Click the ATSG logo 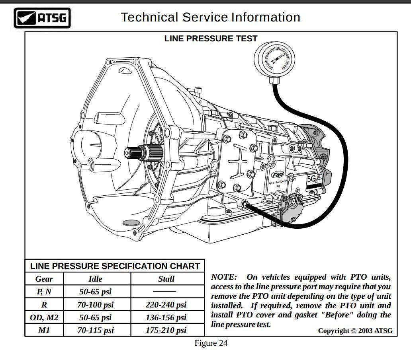42,18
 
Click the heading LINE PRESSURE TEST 211,39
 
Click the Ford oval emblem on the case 278,175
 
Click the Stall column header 166,279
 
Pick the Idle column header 95,279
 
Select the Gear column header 44,279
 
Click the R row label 44,305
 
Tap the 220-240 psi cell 166,305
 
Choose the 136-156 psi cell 166,317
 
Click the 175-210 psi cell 166,330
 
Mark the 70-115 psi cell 95,330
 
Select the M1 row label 44,330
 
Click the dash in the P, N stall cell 164,292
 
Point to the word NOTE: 223,277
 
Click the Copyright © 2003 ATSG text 355,331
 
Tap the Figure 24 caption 211,343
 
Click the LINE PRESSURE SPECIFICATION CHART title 115,266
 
